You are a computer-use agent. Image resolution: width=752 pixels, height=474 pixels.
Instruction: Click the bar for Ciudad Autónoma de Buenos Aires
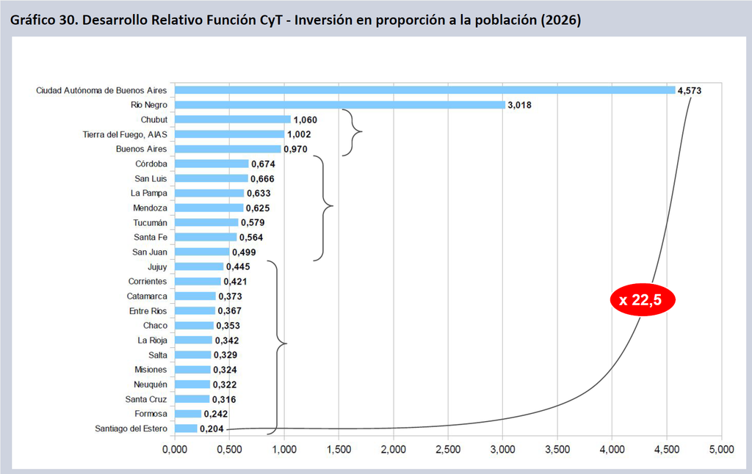[x=425, y=90]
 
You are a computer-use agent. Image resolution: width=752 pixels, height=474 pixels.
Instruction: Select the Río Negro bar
[x=340, y=105]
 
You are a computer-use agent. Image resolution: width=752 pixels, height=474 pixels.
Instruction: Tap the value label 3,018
[x=519, y=105]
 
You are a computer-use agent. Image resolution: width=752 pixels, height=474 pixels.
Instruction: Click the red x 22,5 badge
[x=643, y=300]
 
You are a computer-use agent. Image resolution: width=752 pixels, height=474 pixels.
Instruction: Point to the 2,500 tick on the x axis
[x=448, y=450]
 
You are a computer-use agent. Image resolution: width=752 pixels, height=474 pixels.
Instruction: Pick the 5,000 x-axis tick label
[x=721, y=450]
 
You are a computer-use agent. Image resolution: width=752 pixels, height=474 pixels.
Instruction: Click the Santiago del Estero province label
[x=131, y=429]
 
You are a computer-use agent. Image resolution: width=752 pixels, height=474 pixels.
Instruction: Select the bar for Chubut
[x=233, y=120]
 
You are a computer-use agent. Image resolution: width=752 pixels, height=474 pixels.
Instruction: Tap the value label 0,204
[x=212, y=429]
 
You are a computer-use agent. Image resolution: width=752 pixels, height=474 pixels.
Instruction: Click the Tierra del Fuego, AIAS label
[x=125, y=135]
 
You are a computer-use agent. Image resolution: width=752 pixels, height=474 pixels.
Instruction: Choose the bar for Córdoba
[x=212, y=164]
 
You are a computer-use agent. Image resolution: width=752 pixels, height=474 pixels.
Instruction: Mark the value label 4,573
[x=689, y=90]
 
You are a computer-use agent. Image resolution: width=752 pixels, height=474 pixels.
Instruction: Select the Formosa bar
[x=188, y=414]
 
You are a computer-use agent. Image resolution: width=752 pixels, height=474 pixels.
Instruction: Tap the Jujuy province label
[x=157, y=267]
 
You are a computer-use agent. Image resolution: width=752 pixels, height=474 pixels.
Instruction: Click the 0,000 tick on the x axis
[x=175, y=450]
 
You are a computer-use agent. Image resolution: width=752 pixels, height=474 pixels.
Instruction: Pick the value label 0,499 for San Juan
[x=244, y=252]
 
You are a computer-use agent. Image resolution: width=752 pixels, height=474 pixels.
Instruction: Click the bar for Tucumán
[x=206, y=222]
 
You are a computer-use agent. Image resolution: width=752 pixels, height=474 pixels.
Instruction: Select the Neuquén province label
[x=151, y=384]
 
